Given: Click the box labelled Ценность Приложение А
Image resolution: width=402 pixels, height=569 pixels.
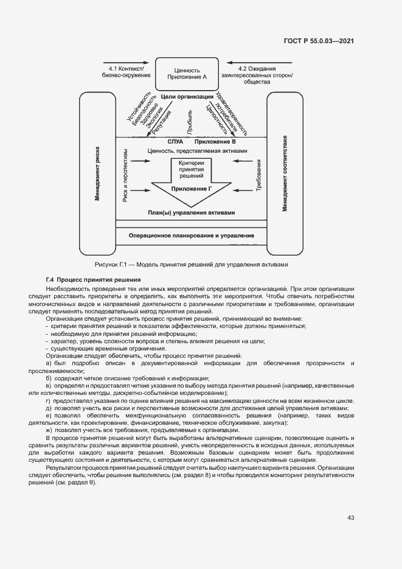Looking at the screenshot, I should (x=187, y=74).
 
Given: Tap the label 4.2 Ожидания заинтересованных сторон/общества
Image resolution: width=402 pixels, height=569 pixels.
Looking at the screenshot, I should (x=257, y=74).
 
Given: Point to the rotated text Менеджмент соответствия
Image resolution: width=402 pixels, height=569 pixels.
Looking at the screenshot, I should (x=284, y=173).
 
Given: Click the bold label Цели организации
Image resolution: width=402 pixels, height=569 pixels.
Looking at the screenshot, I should (x=187, y=97).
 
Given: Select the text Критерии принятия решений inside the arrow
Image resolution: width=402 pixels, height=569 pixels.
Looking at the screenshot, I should (x=192, y=170).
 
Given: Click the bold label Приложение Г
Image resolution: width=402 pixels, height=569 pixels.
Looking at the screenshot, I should (x=192, y=189).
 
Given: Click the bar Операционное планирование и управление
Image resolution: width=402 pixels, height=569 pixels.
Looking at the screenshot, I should (x=192, y=236).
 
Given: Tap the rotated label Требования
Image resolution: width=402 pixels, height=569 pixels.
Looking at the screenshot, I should (x=259, y=176).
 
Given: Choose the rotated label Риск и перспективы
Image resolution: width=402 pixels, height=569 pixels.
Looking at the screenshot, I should (x=125, y=175).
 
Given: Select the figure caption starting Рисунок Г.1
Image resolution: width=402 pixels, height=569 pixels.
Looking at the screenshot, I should (x=191, y=265).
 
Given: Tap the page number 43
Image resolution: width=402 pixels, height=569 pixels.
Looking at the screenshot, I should (x=350, y=518).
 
